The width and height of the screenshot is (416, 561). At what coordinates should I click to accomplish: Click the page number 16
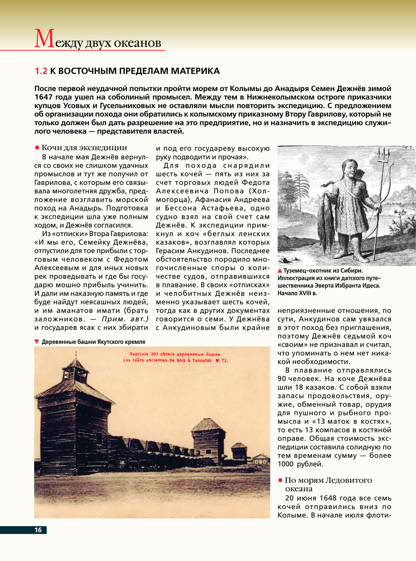tap(38, 530)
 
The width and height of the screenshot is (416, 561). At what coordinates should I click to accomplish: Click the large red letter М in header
tap(44, 39)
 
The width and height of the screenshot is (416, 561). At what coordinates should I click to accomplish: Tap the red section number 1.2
tap(41, 71)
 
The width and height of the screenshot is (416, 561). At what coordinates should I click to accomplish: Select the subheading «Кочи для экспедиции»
tap(84, 148)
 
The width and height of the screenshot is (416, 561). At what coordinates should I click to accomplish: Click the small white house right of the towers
tap(261, 460)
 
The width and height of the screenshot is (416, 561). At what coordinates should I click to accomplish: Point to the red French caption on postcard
tap(175, 360)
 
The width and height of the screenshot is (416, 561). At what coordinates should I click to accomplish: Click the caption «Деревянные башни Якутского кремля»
tap(93, 342)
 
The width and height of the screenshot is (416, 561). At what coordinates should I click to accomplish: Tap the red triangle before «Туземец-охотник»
tap(280, 271)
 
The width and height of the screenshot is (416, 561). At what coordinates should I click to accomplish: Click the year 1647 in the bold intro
tap(43, 97)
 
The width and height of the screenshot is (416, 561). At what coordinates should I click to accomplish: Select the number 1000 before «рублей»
tap(285, 464)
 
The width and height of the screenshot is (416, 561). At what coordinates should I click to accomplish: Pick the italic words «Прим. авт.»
tap(125, 319)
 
